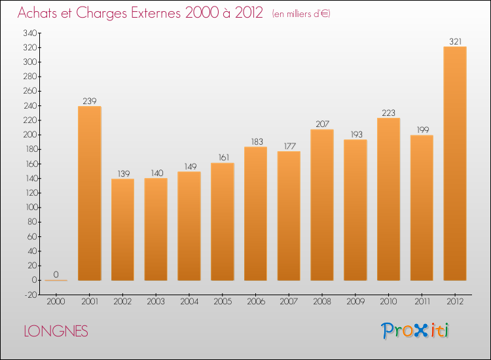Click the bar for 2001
89,193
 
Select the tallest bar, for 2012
455,164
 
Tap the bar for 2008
322,205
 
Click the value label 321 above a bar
455,41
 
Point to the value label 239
89,101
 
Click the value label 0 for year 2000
56,275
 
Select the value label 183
256,141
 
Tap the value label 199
422,130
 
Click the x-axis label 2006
256,301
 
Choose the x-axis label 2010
388,301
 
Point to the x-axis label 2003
156,301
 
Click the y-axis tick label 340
29,33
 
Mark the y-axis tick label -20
29,295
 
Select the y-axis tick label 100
29,207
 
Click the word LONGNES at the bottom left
56,331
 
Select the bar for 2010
388,199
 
